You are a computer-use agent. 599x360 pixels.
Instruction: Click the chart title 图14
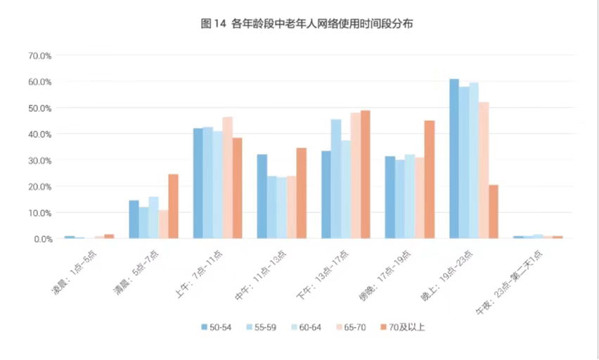[307, 24]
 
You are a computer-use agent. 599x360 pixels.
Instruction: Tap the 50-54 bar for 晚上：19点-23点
[454, 159]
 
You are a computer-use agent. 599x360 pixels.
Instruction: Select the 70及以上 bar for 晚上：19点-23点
[494, 212]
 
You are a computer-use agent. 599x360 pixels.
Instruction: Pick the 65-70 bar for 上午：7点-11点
[227, 178]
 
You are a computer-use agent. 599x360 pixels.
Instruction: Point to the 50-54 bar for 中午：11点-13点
[262, 197]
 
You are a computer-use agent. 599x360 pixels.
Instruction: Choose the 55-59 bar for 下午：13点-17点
[336, 179]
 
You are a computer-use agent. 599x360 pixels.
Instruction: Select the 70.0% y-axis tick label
[40, 56]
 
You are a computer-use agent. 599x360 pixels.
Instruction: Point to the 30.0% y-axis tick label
[40, 160]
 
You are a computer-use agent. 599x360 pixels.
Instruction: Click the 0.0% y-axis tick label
[42, 239]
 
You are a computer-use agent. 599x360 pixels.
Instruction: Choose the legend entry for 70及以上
[401, 327]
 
